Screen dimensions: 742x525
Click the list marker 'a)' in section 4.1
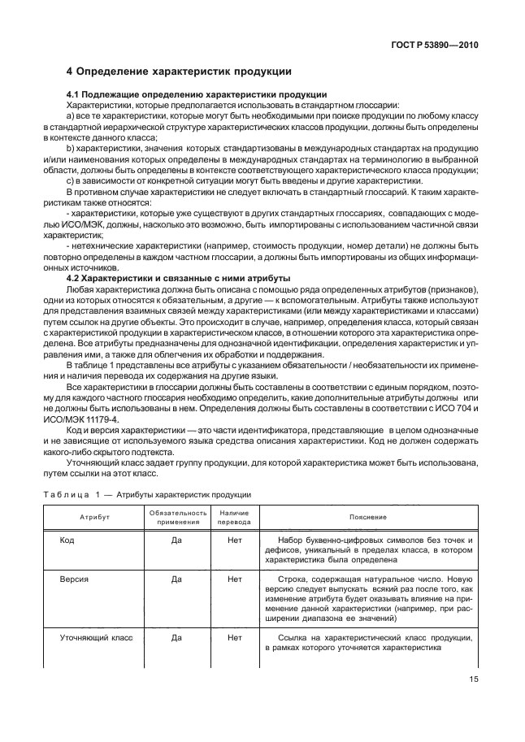(71, 116)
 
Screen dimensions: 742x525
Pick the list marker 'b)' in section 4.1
(71, 150)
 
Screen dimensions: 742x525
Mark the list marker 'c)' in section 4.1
(71, 180)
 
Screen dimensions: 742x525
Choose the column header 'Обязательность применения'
(176, 517)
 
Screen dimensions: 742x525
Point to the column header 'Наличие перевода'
(235, 517)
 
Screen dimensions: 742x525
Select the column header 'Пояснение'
(368, 517)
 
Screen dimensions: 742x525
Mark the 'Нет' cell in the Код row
(235, 540)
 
